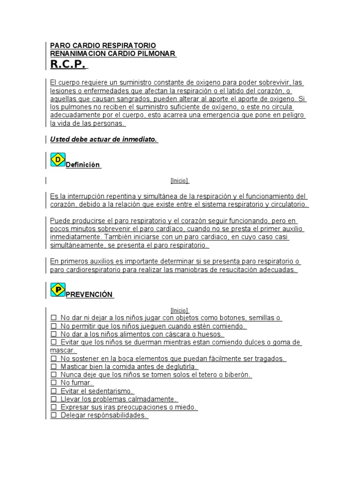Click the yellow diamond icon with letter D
58,159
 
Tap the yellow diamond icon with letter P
58,289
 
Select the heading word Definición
83,165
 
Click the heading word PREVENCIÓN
89,294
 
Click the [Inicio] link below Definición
180,180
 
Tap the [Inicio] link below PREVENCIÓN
180,310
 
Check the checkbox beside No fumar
53,383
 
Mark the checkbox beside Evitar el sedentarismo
53,391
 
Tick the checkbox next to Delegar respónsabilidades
53,415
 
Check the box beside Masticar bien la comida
53,367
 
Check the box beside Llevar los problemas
53,399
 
